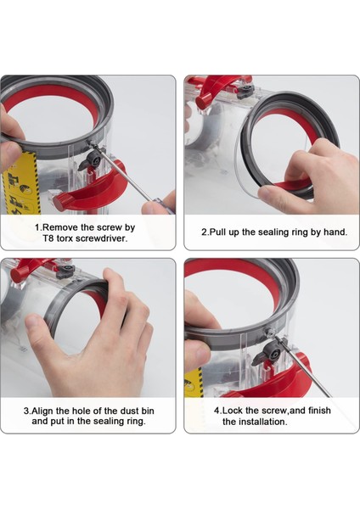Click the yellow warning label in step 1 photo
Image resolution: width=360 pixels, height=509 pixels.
pos(20,182)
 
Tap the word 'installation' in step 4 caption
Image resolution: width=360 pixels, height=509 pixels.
pos(255,422)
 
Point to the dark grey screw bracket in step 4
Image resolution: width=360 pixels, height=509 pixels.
pos(271,349)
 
